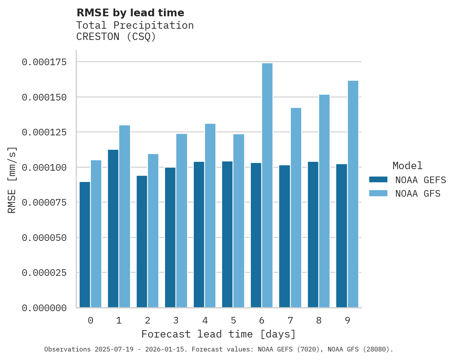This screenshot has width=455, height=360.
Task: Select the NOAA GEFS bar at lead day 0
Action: click(x=85, y=244)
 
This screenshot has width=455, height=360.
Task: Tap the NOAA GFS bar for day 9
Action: click(x=353, y=194)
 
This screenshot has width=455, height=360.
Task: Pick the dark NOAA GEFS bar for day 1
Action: click(x=113, y=228)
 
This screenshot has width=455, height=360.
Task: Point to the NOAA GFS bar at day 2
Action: click(x=153, y=231)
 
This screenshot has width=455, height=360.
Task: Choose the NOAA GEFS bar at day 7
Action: click(x=285, y=236)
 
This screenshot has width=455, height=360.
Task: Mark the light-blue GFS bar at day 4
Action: click(x=210, y=216)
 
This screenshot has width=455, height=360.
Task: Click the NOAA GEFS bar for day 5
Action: click(x=227, y=234)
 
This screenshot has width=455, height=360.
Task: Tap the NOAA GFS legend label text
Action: click(x=418, y=193)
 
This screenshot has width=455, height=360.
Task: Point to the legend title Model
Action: click(x=407, y=166)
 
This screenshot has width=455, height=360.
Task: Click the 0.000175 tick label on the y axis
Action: click(x=44, y=62)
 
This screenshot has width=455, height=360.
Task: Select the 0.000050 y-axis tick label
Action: click(x=44, y=237)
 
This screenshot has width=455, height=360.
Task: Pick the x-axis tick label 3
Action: click(x=176, y=320)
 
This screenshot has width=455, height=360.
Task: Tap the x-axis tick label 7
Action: click(x=290, y=320)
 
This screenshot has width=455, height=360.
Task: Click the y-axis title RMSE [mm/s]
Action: click(x=12, y=180)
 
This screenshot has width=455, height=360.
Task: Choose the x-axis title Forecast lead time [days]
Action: click(x=219, y=334)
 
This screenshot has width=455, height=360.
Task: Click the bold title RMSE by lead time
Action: click(x=130, y=13)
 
